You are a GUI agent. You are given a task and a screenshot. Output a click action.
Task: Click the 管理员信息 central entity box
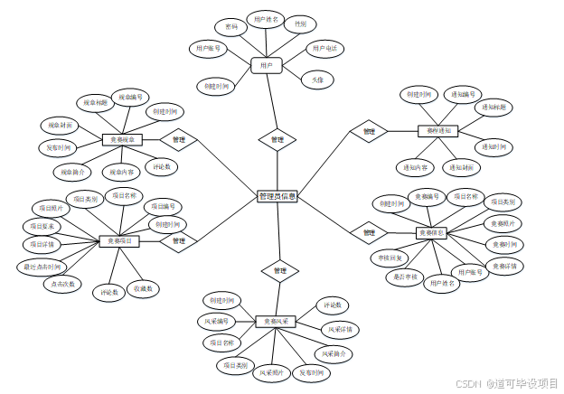(x=277, y=196)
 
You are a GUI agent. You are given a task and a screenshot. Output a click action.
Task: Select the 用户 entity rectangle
(x=267, y=65)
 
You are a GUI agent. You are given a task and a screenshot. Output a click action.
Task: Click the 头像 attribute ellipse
(x=317, y=80)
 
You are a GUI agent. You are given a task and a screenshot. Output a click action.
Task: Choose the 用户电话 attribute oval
(x=325, y=48)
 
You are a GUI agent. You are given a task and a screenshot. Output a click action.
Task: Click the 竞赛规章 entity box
(x=122, y=140)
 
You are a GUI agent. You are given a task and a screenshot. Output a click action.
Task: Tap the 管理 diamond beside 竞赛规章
(x=178, y=140)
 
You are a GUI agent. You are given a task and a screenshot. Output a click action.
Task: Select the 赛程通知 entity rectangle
(x=438, y=131)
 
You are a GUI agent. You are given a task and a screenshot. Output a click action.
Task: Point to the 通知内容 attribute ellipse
(x=416, y=167)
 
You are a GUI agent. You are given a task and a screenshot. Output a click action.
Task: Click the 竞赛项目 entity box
(x=118, y=241)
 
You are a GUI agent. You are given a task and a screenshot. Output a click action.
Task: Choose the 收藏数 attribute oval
(x=143, y=288)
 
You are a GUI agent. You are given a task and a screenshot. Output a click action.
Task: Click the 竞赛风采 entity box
(x=276, y=322)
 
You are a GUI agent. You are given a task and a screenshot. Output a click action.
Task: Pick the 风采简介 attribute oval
(x=333, y=352)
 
